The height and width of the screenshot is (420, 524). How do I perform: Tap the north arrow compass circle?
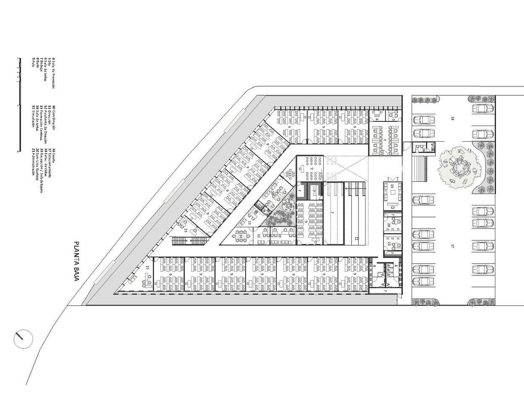23,339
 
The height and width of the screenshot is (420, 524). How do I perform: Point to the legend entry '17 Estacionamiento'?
49,163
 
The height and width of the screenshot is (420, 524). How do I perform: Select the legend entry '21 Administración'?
33,163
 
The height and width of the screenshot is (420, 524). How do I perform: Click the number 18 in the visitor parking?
452,118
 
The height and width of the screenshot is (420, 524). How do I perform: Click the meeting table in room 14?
240,236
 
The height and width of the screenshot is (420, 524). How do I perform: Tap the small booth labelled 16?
423,149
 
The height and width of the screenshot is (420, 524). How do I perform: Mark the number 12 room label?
259,236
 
